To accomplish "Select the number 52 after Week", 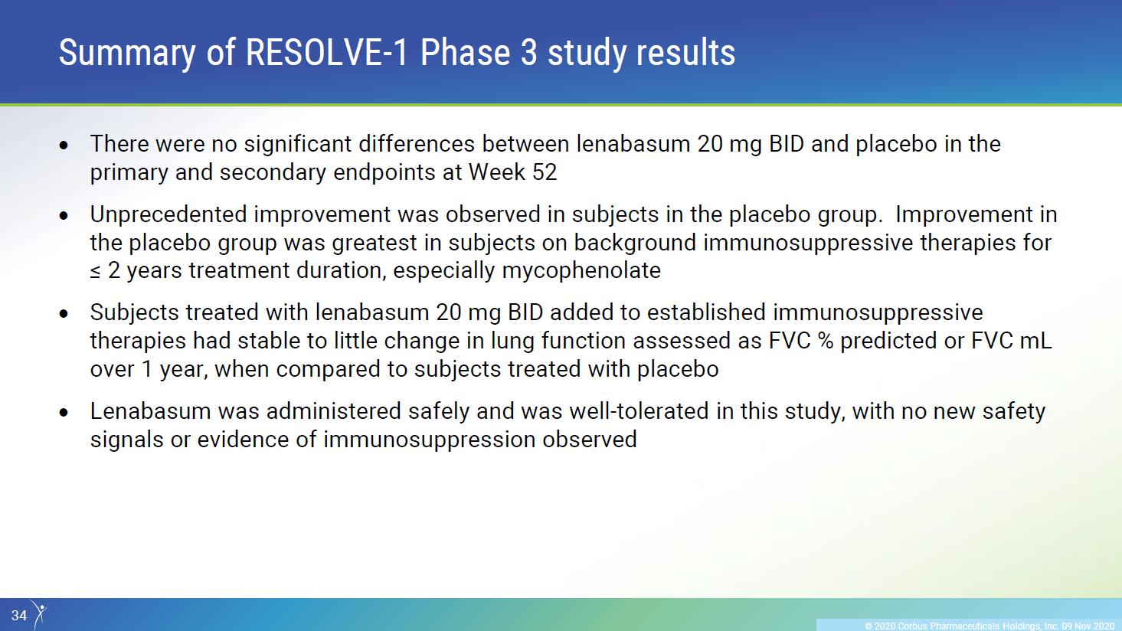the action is [545, 172].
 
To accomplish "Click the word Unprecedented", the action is [168, 215].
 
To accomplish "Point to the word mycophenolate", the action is [581, 271].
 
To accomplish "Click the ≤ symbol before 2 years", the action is [95, 271].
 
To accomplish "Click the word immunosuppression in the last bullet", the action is [429, 440].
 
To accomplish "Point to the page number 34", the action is [19, 615].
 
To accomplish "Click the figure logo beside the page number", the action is [39, 614].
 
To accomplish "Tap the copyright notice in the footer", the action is [990, 626].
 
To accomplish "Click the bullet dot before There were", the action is [64, 145].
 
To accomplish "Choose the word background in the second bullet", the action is [635, 244].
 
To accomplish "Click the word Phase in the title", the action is [466, 52].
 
